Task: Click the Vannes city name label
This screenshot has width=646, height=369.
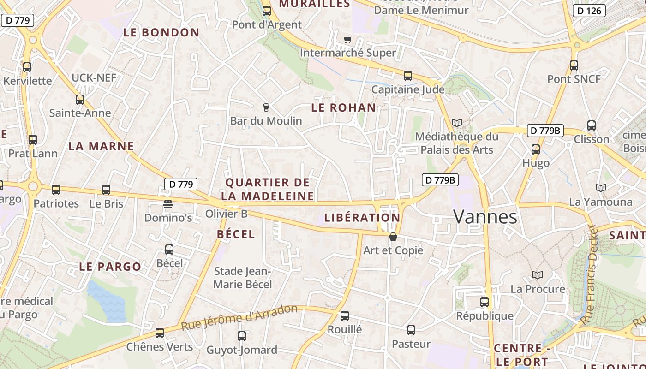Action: point(485,216)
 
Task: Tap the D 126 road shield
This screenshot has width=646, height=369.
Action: point(589,11)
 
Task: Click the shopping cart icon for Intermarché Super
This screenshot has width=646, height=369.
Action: point(347,40)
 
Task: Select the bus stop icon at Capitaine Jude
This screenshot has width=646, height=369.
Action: point(407,76)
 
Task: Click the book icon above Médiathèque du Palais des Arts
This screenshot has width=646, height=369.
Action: point(456,123)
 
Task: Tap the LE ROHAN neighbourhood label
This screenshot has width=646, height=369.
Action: point(343,108)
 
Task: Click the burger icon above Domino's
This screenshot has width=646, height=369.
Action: point(168,204)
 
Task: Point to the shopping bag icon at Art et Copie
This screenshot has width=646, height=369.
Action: point(393,237)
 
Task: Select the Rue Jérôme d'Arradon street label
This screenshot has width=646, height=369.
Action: point(239,317)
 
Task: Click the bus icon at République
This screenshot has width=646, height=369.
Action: point(484,302)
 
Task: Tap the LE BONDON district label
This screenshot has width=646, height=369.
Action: point(161,33)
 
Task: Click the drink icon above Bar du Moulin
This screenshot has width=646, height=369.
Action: point(266,107)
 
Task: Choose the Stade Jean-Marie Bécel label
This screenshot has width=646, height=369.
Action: point(243,278)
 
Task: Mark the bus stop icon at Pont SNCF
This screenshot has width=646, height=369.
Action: point(574,65)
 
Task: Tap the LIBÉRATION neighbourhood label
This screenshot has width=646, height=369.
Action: point(362,218)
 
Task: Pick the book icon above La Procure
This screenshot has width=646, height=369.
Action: point(537,275)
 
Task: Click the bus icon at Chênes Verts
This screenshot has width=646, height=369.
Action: point(160,333)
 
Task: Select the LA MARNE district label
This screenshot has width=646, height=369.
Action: point(101,146)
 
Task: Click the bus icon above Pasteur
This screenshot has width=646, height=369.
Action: point(411,330)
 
